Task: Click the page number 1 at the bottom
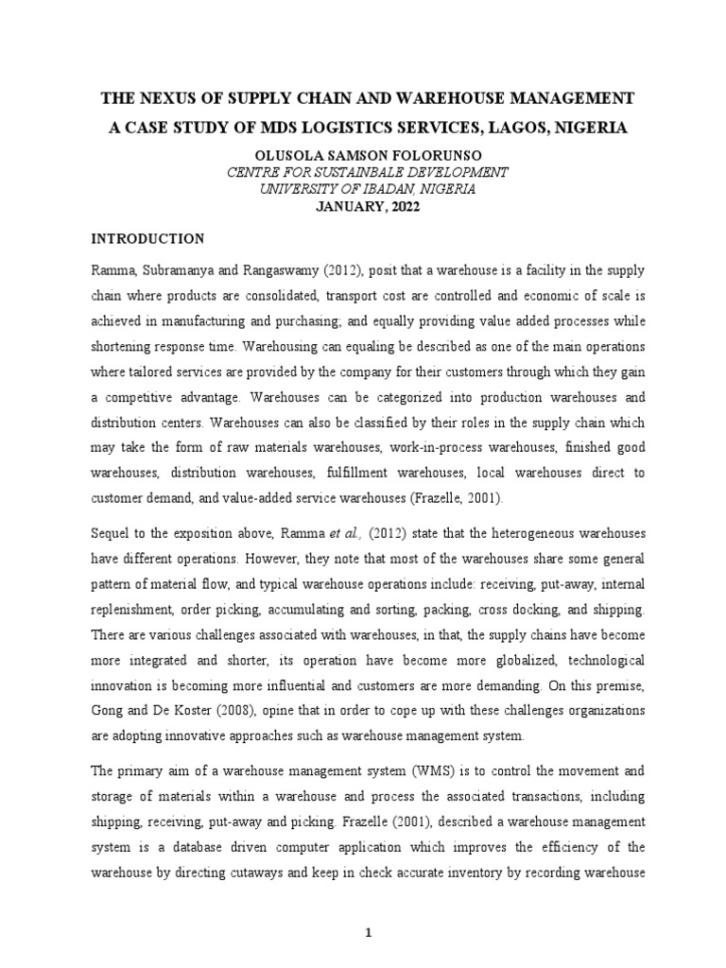point(370,933)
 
